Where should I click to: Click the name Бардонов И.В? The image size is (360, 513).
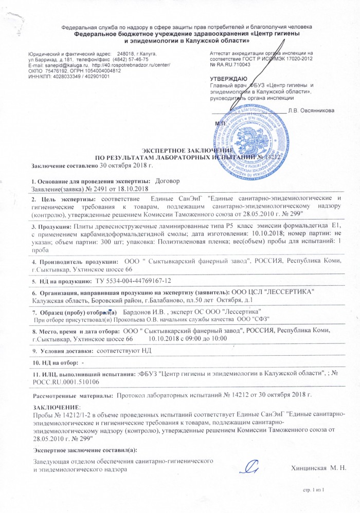coord(148,312)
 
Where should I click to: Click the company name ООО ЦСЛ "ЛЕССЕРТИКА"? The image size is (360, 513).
coord(274,292)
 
